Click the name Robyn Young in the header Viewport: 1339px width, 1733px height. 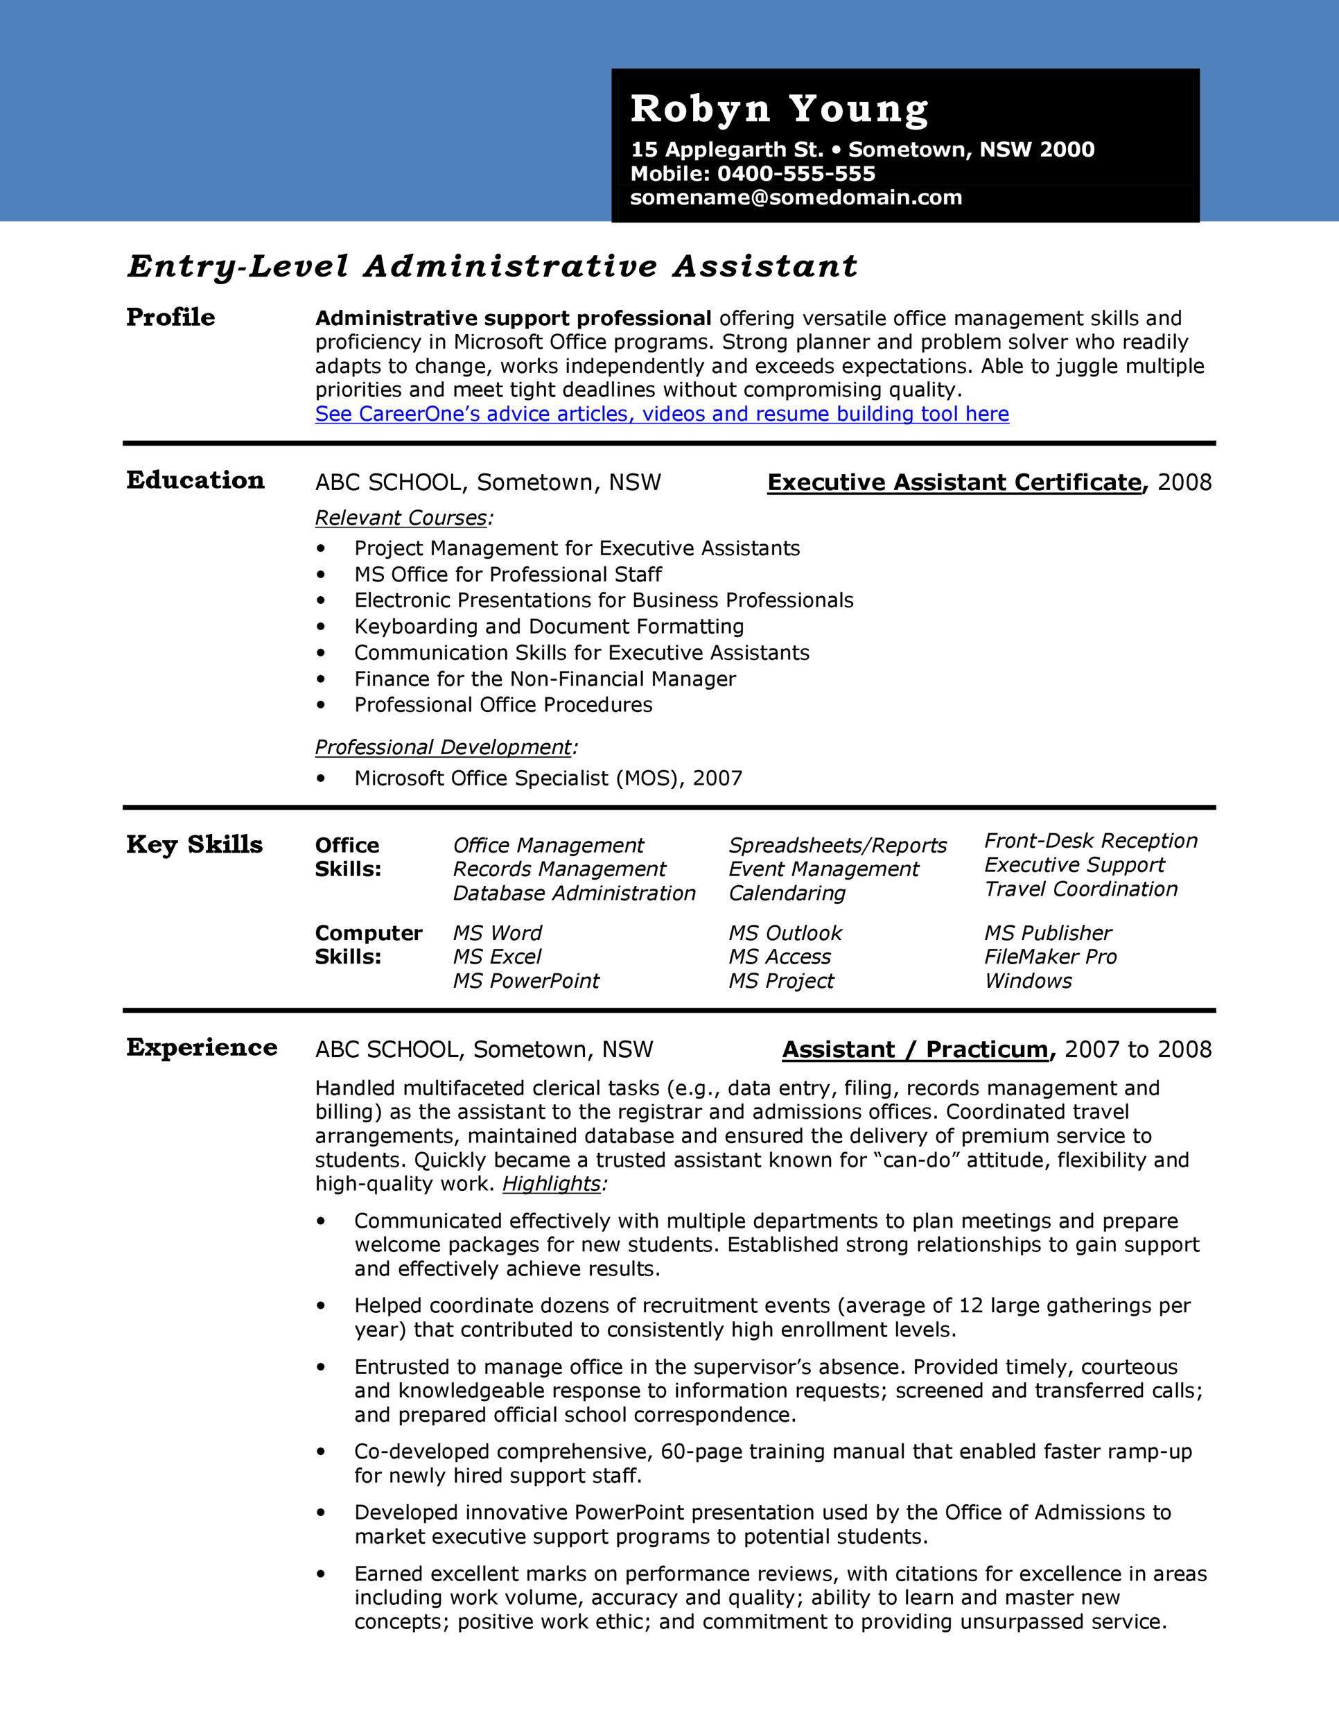779,109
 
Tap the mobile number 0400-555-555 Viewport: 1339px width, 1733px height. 796,174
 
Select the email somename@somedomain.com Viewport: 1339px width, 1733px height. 796,198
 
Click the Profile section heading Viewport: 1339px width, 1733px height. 170,317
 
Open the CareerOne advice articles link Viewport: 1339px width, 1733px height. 662,415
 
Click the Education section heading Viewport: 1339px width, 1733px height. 195,481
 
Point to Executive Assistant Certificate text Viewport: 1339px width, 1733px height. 954,482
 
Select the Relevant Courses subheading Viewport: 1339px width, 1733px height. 401,518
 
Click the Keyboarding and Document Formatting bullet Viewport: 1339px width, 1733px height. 549,627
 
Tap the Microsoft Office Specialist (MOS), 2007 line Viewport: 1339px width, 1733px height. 548,778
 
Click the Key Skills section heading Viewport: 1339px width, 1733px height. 194,844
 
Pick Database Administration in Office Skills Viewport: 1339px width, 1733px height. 574,894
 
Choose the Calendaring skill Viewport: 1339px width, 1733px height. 787,894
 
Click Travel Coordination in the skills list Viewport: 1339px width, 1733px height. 1080,889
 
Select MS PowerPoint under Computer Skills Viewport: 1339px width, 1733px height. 526,982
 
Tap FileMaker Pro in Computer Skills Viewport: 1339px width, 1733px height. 1050,957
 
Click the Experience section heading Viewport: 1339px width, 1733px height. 202,1047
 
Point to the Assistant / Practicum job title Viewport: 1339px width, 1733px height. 915,1050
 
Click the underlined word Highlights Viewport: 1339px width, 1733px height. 551,1184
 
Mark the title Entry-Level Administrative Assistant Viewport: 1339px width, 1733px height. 492,267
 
